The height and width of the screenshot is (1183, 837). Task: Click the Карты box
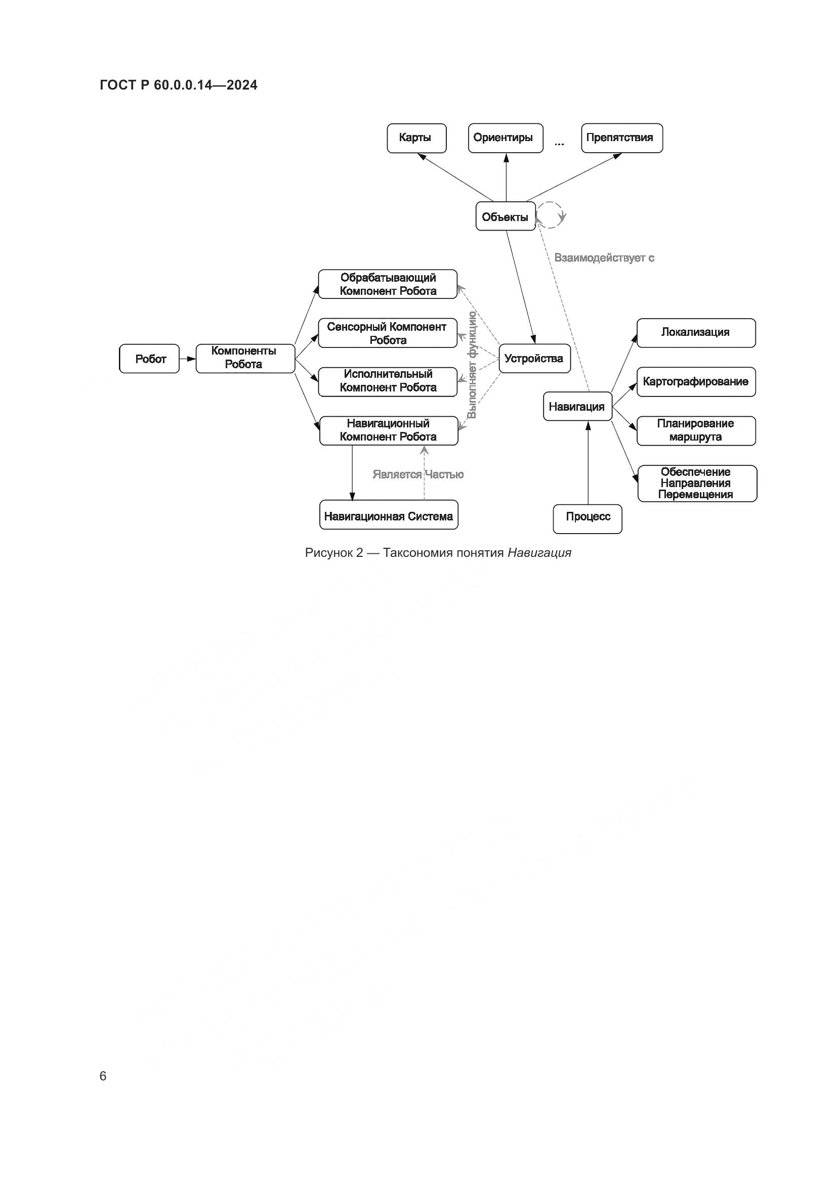pyautogui.click(x=416, y=138)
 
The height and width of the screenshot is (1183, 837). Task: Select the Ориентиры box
pyautogui.click(x=505, y=138)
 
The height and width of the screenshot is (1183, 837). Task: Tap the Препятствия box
pyautogui.click(x=621, y=138)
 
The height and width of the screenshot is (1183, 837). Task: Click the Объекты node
pyautogui.click(x=505, y=216)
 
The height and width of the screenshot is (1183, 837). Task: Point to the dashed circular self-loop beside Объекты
pyautogui.click(x=551, y=215)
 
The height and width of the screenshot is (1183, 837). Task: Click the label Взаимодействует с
pyautogui.click(x=604, y=257)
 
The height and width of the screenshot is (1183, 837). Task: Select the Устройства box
pyautogui.click(x=534, y=359)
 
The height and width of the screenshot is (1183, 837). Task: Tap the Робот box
pyautogui.click(x=149, y=359)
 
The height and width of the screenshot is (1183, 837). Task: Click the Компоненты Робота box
pyautogui.click(x=245, y=358)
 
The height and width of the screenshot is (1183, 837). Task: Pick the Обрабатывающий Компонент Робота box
pyautogui.click(x=388, y=284)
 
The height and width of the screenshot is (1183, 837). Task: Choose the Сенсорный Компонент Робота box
pyautogui.click(x=388, y=333)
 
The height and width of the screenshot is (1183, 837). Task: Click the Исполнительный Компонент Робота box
pyautogui.click(x=388, y=381)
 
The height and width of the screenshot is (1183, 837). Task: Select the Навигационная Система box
pyautogui.click(x=389, y=515)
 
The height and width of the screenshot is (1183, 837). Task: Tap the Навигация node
pyautogui.click(x=577, y=407)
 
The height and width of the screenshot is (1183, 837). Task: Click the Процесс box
pyautogui.click(x=588, y=517)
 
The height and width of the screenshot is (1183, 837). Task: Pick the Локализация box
pyautogui.click(x=696, y=332)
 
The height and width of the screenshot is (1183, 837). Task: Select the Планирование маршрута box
pyautogui.click(x=696, y=430)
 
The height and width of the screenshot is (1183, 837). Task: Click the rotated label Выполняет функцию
pyautogui.click(x=472, y=365)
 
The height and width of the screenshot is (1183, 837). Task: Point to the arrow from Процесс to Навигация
pyautogui.click(x=588, y=464)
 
